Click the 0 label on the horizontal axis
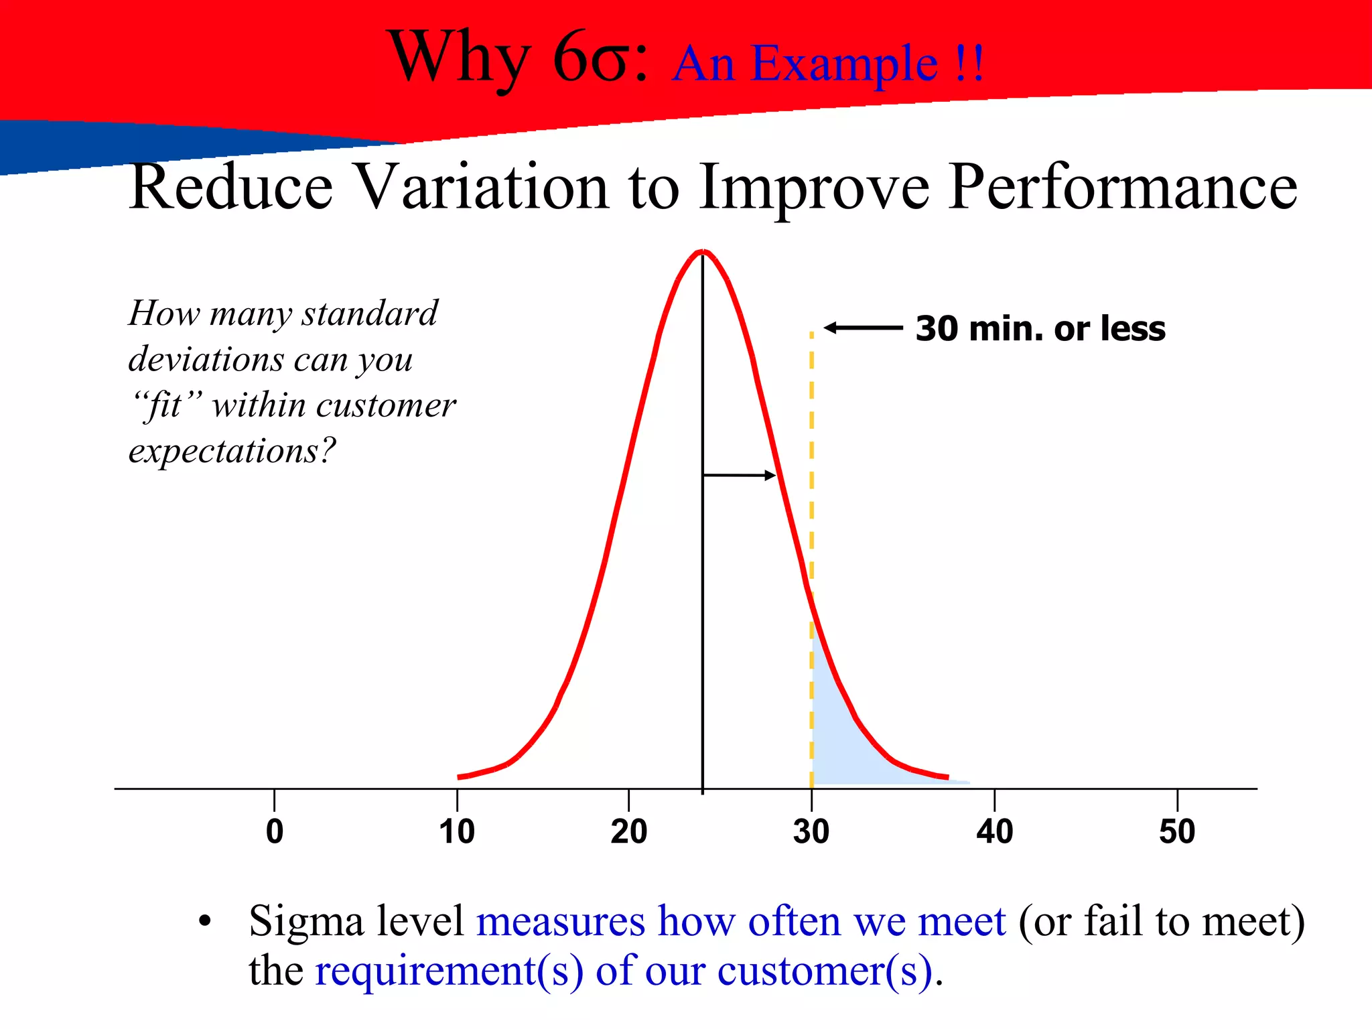[x=275, y=831]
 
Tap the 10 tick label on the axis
[x=457, y=831]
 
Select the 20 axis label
[x=628, y=831]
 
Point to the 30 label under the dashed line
[x=811, y=831]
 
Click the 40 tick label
[x=994, y=831]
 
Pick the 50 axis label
[x=1177, y=831]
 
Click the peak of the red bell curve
[x=703, y=252]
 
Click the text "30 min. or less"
[x=1040, y=329]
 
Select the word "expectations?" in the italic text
[x=232, y=451]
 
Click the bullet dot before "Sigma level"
[x=205, y=922]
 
